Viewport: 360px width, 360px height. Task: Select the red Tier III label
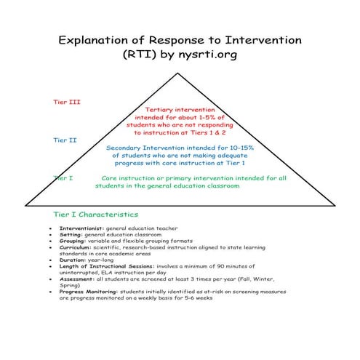click(68, 102)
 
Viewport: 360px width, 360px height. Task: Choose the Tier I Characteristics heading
click(95, 215)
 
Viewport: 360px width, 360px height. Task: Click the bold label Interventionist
click(81, 228)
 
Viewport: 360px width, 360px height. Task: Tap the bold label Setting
click(71, 235)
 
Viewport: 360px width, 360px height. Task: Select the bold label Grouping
click(74, 241)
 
